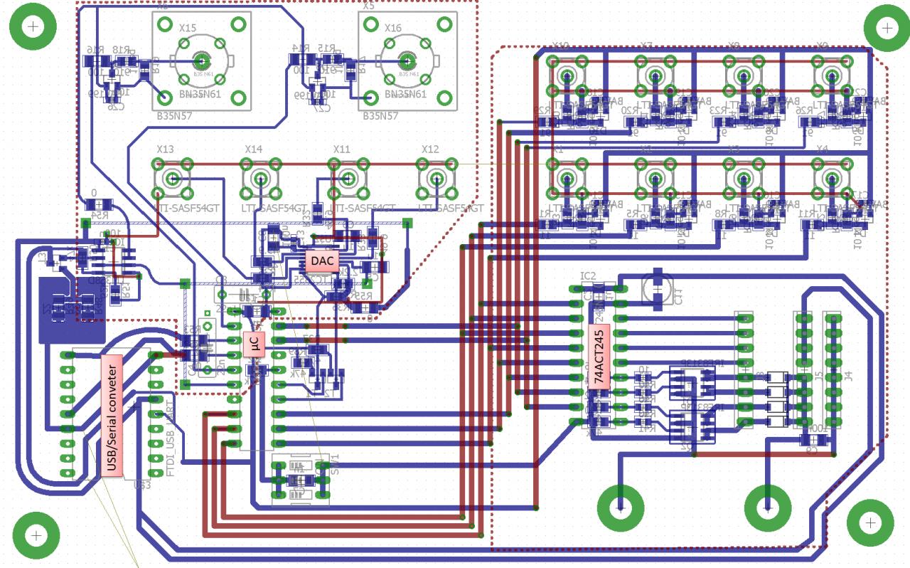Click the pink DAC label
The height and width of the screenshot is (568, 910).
coord(322,261)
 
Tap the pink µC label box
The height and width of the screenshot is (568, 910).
coord(254,345)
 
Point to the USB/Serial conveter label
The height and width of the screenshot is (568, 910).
coord(112,415)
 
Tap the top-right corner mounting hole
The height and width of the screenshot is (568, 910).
coord(887,28)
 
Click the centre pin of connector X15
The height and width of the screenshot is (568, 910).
coord(201,60)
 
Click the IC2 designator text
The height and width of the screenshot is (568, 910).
coord(588,275)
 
